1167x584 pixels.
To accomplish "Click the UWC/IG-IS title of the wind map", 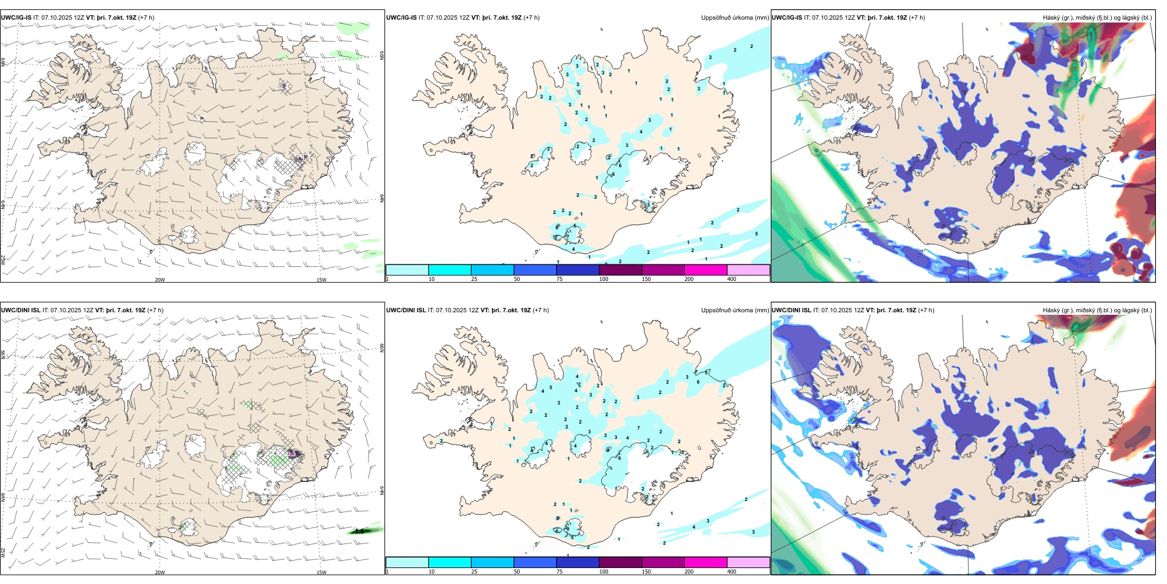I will pyautogui.click(x=16, y=18).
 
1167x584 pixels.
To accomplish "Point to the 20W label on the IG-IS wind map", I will pyautogui.click(x=160, y=280).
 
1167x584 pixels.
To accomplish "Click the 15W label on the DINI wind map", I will pyautogui.click(x=321, y=572).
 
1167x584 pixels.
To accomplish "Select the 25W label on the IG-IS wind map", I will pyautogui.click(x=3, y=260).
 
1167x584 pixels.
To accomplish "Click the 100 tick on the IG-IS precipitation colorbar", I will pyautogui.click(x=604, y=279).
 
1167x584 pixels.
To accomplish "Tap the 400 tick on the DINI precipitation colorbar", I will pyautogui.click(x=732, y=572).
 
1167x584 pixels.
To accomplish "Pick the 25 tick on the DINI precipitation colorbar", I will pyautogui.click(x=474, y=572).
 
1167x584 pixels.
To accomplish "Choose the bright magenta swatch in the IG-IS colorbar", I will pyautogui.click(x=706, y=270).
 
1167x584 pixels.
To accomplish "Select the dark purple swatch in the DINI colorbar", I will pyautogui.click(x=620, y=562).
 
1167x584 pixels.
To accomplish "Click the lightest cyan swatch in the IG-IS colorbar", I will pyautogui.click(x=407, y=270).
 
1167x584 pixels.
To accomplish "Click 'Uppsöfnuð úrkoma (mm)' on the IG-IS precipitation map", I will pyautogui.click(x=735, y=18).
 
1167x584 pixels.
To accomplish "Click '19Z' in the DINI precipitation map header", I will pyautogui.click(x=525, y=310).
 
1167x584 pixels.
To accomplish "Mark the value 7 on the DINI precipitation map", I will pyautogui.click(x=639, y=428).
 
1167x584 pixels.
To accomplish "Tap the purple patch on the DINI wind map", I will pyautogui.click(x=294, y=454).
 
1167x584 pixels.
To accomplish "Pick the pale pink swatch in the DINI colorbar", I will pyautogui.click(x=748, y=562).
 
